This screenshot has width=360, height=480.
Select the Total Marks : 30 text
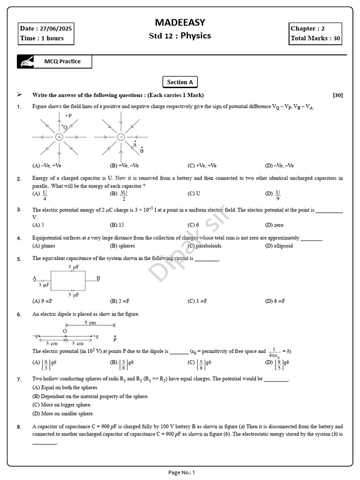click(x=315, y=38)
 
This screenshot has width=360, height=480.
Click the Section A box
click(x=180, y=82)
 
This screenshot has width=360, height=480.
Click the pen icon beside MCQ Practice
click(x=26, y=61)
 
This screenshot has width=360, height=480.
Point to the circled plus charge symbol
click(x=59, y=137)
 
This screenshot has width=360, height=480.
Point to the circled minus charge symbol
click(x=120, y=137)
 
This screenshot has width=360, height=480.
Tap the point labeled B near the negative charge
click(x=142, y=151)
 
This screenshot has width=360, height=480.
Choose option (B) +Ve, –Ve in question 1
click(x=124, y=165)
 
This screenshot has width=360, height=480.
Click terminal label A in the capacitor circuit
click(x=35, y=278)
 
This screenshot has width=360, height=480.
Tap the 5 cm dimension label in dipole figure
click(x=90, y=323)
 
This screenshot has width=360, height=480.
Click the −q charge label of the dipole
click(x=35, y=336)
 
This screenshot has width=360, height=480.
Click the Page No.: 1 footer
click(x=181, y=472)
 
